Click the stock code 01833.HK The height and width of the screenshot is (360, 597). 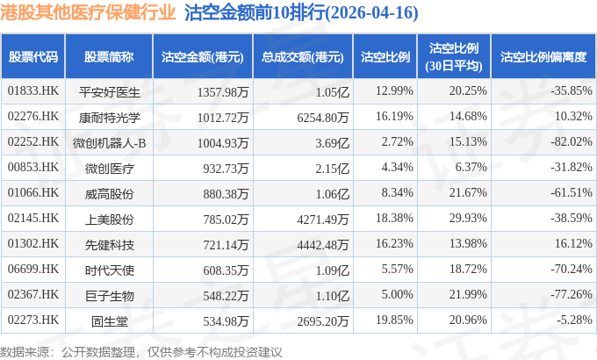tap(33, 91)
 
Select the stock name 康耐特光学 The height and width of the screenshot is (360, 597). tap(109, 118)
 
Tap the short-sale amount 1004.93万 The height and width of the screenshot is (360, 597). tap(223, 143)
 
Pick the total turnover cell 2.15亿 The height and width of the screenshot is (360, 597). tap(332, 169)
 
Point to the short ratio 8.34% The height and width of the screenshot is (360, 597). tap(397, 193)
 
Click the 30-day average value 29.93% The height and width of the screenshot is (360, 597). tap(468, 219)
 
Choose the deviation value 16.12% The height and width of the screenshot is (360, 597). tap(573, 244)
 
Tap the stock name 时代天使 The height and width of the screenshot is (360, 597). tap(109, 270)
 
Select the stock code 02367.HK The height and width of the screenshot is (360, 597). tap(33, 295)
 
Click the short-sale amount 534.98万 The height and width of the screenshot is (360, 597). tap(226, 321)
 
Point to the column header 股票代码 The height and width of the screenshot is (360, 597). tap(33, 57)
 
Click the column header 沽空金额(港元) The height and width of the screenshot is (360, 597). tap(203, 57)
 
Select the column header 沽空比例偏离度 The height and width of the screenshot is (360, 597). tap(543, 57)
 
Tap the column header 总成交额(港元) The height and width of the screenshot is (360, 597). tap(303, 57)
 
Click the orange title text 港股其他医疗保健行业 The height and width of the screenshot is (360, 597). tap(88, 12)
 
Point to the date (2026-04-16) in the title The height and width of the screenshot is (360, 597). tap(371, 12)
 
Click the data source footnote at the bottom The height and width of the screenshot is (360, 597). tap(140, 351)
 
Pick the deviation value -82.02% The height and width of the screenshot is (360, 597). tap(572, 141)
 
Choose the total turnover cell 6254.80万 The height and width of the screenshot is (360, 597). tap(323, 118)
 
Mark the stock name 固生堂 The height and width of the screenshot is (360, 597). tap(109, 321)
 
